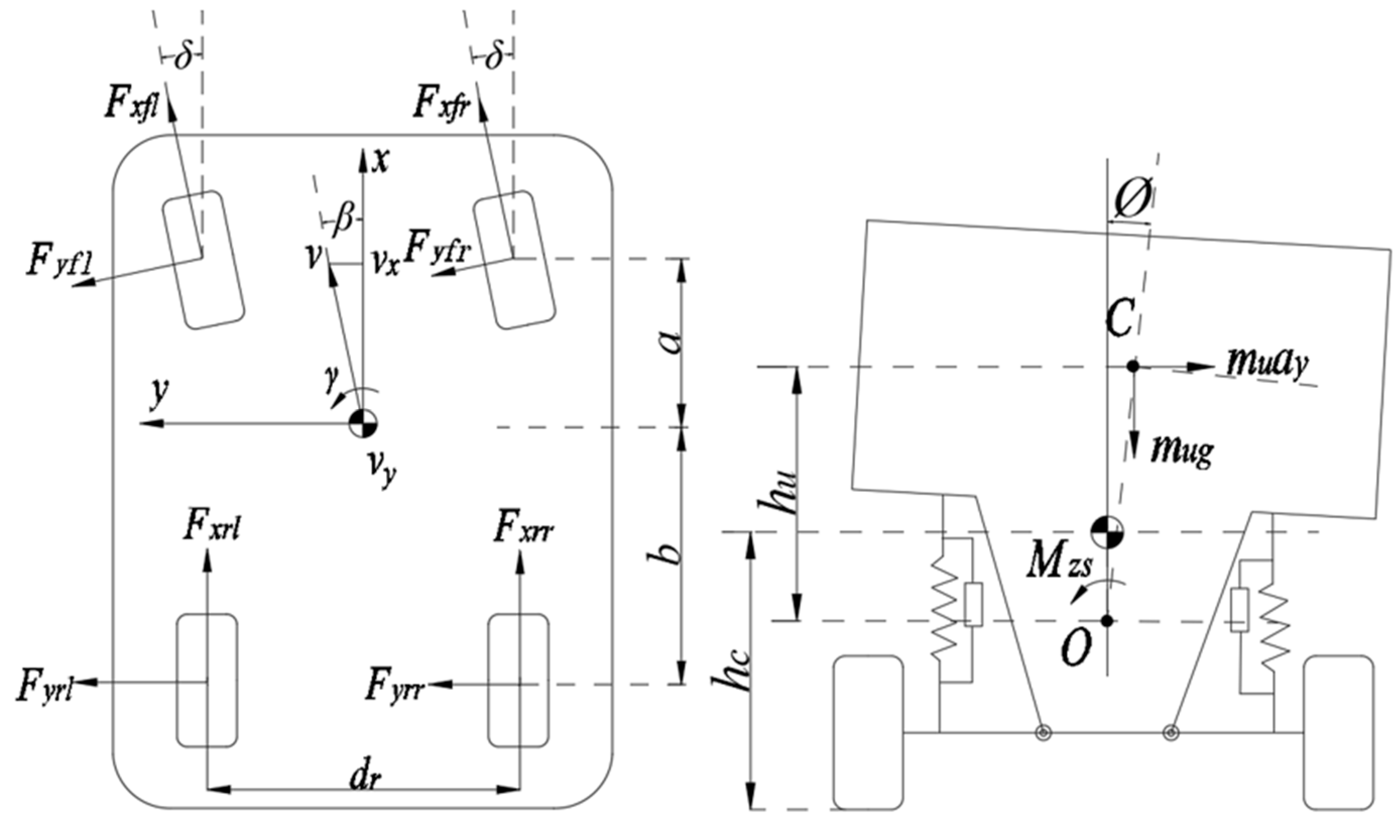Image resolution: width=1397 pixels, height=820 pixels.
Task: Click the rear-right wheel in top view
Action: [518, 680]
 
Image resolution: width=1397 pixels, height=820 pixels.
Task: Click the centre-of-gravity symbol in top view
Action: [363, 424]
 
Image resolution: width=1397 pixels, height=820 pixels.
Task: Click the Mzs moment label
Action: [1058, 567]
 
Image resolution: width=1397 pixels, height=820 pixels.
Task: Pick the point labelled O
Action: [1107, 621]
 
